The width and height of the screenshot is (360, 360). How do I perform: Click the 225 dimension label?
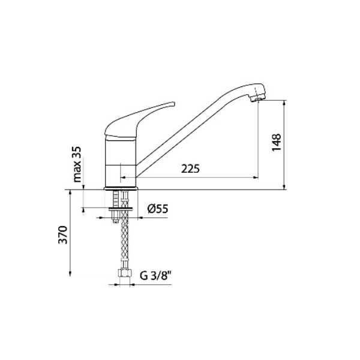point(190,169)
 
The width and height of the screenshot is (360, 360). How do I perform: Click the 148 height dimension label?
point(277,142)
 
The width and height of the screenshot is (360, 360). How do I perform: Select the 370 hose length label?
point(62,235)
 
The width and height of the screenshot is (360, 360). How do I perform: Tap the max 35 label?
point(77,164)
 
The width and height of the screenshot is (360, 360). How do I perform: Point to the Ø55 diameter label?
point(158,209)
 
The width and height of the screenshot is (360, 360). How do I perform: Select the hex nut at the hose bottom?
point(124,273)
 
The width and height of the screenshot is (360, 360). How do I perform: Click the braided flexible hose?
point(124,230)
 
